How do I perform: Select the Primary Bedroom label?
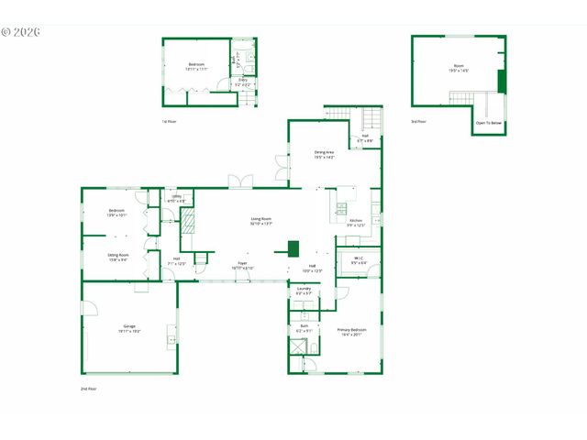pyautogui.click(x=352, y=331)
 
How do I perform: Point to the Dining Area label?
pyautogui.click(x=325, y=154)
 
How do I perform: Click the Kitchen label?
pyautogui.click(x=356, y=222)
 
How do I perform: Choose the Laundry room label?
pyautogui.click(x=304, y=291)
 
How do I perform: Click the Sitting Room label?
pyautogui.click(x=118, y=257)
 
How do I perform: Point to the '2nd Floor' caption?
pyautogui.click(x=88, y=389)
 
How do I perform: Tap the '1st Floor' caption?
pyautogui.click(x=170, y=121)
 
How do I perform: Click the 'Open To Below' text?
pyautogui.click(x=488, y=122)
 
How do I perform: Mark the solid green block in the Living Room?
pyautogui.click(x=293, y=247)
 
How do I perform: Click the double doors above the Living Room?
pyautogui.click(x=241, y=181)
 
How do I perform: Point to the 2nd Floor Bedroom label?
pyautogui.click(x=116, y=213)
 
